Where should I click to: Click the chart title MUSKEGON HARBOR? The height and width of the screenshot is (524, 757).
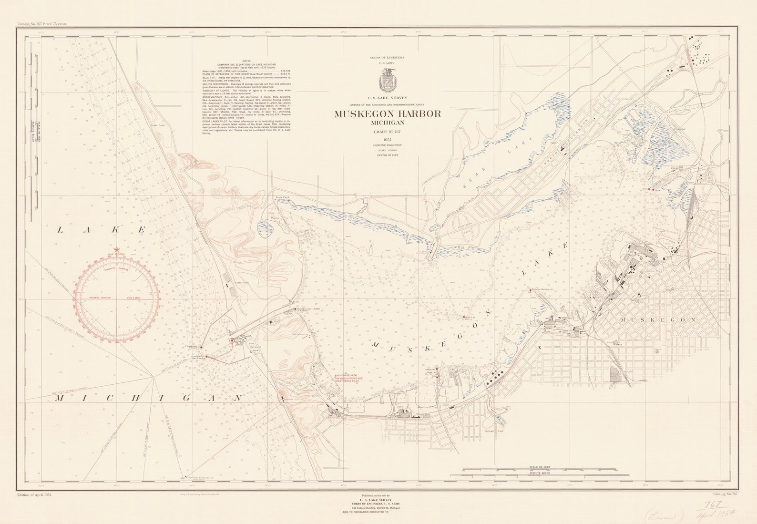click(x=387, y=114)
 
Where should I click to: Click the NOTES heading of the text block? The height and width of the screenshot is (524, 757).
click(x=246, y=61)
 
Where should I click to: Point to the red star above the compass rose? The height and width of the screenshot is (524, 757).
click(x=117, y=249)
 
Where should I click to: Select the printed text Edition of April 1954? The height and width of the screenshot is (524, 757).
click(x=34, y=494)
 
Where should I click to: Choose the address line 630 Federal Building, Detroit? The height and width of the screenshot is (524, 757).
click(x=376, y=508)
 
